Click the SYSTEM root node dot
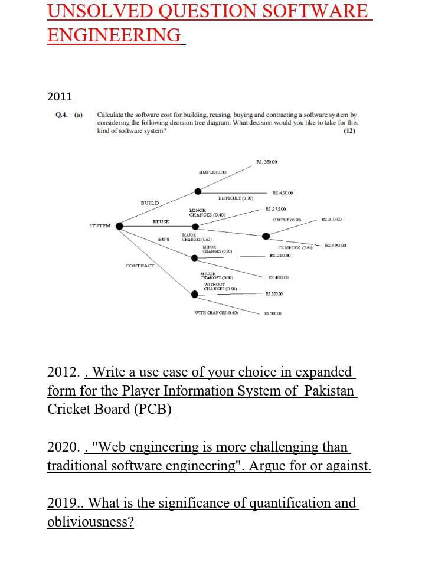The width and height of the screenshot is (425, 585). click(120, 225)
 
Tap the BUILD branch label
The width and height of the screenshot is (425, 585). click(149, 202)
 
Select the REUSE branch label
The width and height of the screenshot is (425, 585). click(161, 221)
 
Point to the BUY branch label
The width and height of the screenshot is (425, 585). click(164, 239)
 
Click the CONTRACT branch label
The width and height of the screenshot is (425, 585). click(140, 266)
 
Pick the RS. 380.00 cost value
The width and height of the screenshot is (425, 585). click(267, 161)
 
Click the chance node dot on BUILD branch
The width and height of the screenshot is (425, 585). click(198, 191)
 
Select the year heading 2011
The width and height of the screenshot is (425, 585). click(59, 96)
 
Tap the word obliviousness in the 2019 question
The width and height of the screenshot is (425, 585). click(90, 522)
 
